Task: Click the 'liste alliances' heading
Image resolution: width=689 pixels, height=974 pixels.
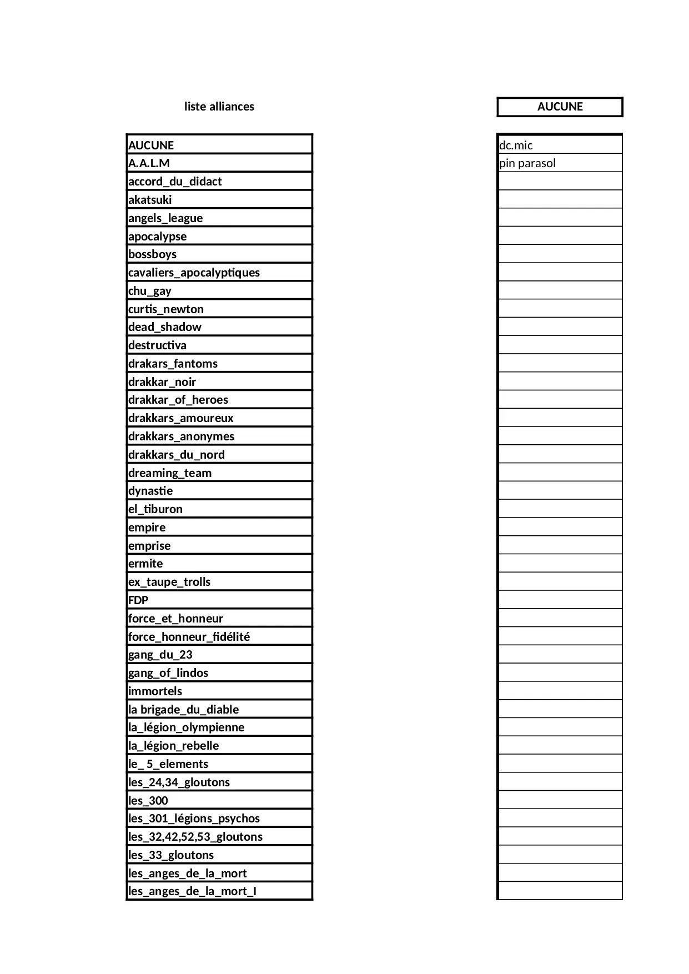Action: (x=219, y=107)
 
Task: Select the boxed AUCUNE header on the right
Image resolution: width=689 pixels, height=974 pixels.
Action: (x=560, y=107)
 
